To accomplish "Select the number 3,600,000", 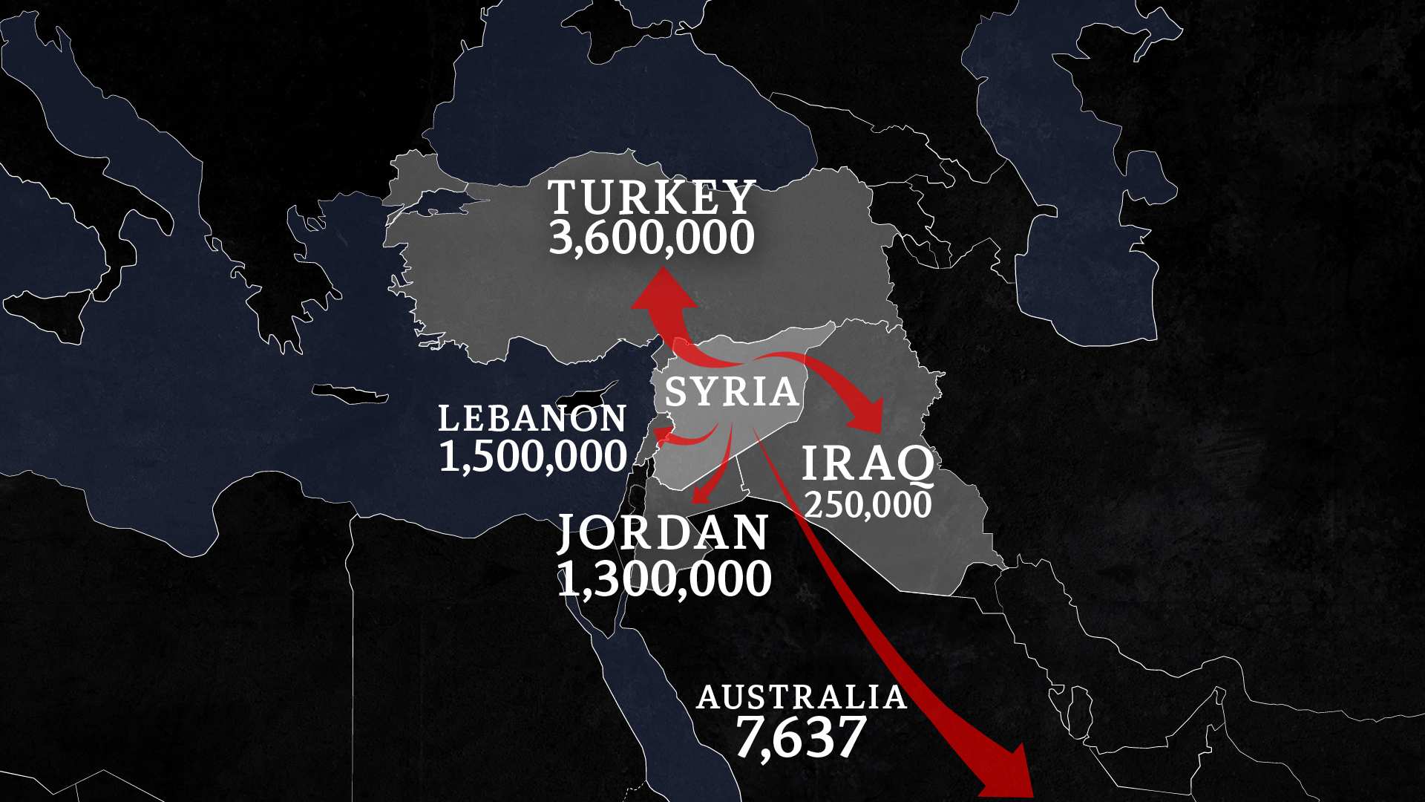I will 652,238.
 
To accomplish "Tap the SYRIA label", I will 731,391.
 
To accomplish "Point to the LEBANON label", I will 532,419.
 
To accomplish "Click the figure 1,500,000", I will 533,456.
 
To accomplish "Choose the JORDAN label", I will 663,532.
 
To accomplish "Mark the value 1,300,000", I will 664,578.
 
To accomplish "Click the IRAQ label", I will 868,463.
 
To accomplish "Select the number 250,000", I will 868,505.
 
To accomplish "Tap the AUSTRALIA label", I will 802,697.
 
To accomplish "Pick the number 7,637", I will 802,737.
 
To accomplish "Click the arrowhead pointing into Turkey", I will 664,290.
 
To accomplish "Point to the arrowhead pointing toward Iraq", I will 868,417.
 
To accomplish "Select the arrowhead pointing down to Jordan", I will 699,495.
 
